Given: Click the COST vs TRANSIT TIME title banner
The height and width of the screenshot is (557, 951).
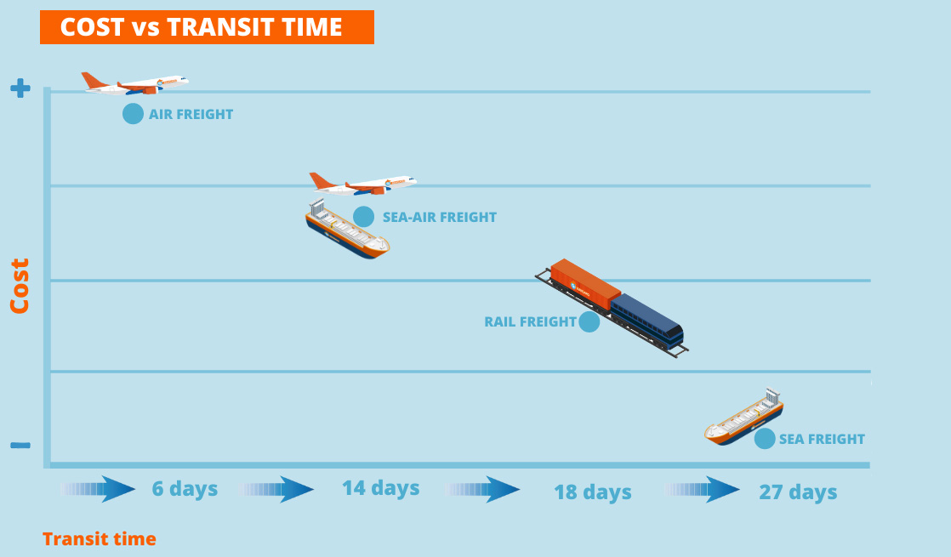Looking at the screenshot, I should [x=207, y=27].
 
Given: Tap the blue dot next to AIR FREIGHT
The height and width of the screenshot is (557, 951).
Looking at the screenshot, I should [x=133, y=114].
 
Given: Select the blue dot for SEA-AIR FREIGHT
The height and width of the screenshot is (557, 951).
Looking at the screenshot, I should [x=363, y=217].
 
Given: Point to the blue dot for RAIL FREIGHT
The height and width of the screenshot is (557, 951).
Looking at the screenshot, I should [x=589, y=321].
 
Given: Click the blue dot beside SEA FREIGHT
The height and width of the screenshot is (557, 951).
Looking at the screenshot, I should [x=765, y=439].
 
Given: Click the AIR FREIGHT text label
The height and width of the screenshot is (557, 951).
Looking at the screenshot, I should [x=191, y=114].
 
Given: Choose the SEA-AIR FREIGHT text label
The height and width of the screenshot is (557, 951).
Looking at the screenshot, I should [x=439, y=217].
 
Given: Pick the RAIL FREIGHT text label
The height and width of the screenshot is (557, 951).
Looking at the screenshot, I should [x=530, y=321].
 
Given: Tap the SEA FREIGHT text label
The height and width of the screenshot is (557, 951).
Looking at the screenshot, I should [x=822, y=439].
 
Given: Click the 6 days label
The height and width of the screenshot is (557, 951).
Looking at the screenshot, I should [x=185, y=489].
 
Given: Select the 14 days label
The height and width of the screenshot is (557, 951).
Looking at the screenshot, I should [x=380, y=488].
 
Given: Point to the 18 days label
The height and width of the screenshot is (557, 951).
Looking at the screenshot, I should [x=592, y=492].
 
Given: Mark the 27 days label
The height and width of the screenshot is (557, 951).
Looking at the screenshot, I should [x=798, y=492].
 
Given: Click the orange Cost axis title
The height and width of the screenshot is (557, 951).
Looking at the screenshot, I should [x=20, y=286].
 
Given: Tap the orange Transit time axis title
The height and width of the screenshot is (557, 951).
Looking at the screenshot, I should [x=99, y=538].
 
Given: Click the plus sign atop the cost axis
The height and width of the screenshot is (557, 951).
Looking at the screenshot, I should [x=20, y=88].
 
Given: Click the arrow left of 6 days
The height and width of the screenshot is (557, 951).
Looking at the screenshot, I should [x=99, y=489].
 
